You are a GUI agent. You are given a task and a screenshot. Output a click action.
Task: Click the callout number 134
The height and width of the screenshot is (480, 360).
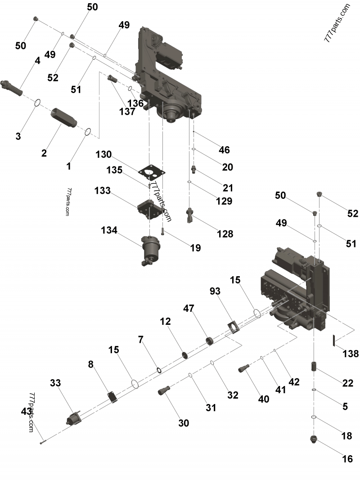pos(109,230)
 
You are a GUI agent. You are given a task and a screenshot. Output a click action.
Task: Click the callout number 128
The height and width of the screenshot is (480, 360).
pos(225,233)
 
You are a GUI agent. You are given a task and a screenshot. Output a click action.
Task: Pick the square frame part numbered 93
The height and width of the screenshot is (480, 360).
pos(233,327)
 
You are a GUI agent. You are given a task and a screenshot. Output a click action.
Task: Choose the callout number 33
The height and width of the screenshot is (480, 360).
pos(55,383)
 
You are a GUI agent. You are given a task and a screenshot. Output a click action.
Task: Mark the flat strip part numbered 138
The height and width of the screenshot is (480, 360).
pos(334,340)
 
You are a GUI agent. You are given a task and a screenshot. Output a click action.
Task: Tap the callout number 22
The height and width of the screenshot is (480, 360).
pos(348,383)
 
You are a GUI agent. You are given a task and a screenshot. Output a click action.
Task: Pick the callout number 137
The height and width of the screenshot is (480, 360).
pos(127,112)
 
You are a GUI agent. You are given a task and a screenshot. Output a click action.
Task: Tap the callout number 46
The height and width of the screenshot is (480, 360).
pos(224,150)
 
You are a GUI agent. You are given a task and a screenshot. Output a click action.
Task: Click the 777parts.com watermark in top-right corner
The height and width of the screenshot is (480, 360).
pos(337,22)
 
